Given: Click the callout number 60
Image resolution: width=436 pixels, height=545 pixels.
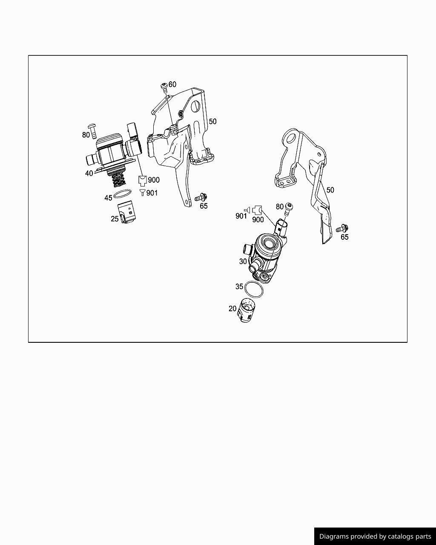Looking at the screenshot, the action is tap(172, 84).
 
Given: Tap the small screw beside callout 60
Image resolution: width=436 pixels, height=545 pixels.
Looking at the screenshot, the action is tap(164, 86).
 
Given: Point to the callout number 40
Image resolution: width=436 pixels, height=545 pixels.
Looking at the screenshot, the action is tap(89, 173).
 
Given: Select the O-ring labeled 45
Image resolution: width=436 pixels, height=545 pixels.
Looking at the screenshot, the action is tap(123, 194).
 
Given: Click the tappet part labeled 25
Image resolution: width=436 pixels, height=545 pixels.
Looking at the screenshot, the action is tap(127, 212).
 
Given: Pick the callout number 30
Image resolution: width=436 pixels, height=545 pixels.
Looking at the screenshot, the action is tap(243, 261).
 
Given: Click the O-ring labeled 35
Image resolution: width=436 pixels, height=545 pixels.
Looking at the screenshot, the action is tap(254, 290).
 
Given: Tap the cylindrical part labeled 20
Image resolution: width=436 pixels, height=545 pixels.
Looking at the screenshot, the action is tap(246, 310).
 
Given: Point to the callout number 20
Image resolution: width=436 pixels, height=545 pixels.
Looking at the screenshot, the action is tap(232, 308).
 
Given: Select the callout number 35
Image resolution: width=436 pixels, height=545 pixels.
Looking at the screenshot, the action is tap(239, 287).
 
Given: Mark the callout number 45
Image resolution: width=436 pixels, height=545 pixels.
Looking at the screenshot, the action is tap(108, 198).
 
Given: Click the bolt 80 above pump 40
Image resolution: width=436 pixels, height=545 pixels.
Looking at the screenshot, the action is tap(92, 131).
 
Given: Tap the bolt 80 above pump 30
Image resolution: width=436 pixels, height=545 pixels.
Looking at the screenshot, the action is tap(288, 209).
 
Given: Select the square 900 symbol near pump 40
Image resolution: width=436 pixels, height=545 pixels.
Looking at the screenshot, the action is tap(142, 180).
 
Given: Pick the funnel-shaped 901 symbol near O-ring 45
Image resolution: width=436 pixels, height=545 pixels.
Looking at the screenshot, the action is tap(143, 192).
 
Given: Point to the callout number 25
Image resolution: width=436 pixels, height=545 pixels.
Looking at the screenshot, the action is tap(115, 218).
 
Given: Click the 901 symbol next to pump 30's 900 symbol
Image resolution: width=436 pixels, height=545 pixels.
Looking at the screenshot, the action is tap(247, 209).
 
